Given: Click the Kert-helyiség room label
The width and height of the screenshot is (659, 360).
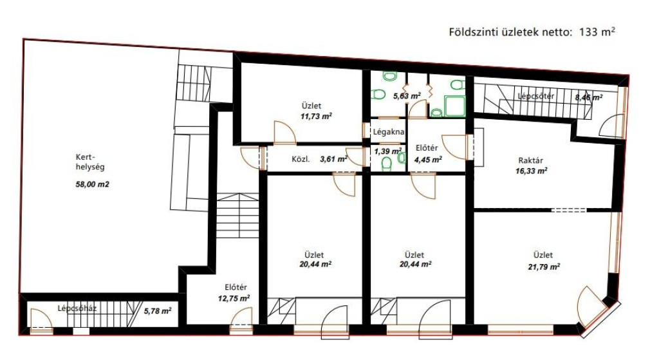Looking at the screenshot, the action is pyautogui.click(x=90, y=162).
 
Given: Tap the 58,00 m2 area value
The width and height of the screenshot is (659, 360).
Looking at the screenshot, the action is pyautogui.click(x=92, y=184).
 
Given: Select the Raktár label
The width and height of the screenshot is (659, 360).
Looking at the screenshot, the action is pyautogui.click(x=530, y=160).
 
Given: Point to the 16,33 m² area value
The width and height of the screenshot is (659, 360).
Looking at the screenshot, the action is pyautogui.click(x=531, y=171).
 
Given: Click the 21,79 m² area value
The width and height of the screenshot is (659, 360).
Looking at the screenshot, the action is pyautogui.click(x=544, y=267).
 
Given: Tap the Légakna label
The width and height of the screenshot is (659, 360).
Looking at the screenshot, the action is pyautogui.click(x=389, y=131).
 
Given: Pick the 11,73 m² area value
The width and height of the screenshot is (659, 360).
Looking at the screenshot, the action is pyautogui.click(x=316, y=116).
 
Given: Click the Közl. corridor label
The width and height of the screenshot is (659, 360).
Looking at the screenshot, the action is pyautogui.click(x=301, y=160).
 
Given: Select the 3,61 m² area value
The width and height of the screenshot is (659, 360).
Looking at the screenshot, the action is pyautogui.click(x=334, y=159).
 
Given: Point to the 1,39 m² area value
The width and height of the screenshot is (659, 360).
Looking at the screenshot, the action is pyautogui.click(x=388, y=151).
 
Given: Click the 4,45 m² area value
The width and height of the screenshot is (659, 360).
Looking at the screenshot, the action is pyautogui.click(x=428, y=160).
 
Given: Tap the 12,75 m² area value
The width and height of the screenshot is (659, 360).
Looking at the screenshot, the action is pyautogui.click(x=234, y=298).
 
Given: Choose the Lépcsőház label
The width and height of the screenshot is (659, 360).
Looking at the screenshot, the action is pyautogui.click(x=77, y=308).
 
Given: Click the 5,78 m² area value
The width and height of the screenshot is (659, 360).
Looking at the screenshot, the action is pyautogui.click(x=158, y=311).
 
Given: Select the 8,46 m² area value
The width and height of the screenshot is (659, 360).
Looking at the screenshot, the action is pyautogui.click(x=589, y=98).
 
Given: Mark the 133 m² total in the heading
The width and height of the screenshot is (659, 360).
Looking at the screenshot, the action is pyautogui.click(x=597, y=32).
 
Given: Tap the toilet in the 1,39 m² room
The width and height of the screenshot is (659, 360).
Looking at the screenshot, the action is pyautogui.click(x=386, y=164).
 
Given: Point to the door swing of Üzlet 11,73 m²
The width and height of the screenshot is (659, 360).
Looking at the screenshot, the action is pyautogui.click(x=284, y=133).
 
